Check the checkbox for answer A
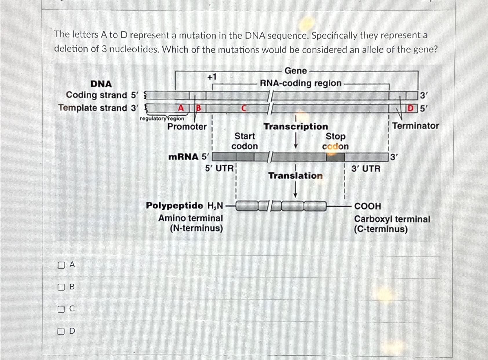(61, 265)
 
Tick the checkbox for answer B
(61, 287)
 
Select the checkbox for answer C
(61, 309)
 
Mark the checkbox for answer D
(61, 331)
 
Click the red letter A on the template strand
(181, 108)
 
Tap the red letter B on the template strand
(198, 108)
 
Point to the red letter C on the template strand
(244, 108)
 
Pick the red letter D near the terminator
(410, 108)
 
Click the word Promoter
(187, 126)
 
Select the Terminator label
(415, 126)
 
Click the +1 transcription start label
(212, 77)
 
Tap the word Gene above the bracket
(295, 71)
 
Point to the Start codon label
(244, 141)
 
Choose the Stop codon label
(335, 141)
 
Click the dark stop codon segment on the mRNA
(335, 157)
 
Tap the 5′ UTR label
(219, 168)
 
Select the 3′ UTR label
(366, 168)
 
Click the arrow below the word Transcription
(295, 140)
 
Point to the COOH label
(368, 206)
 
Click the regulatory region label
(162, 118)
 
